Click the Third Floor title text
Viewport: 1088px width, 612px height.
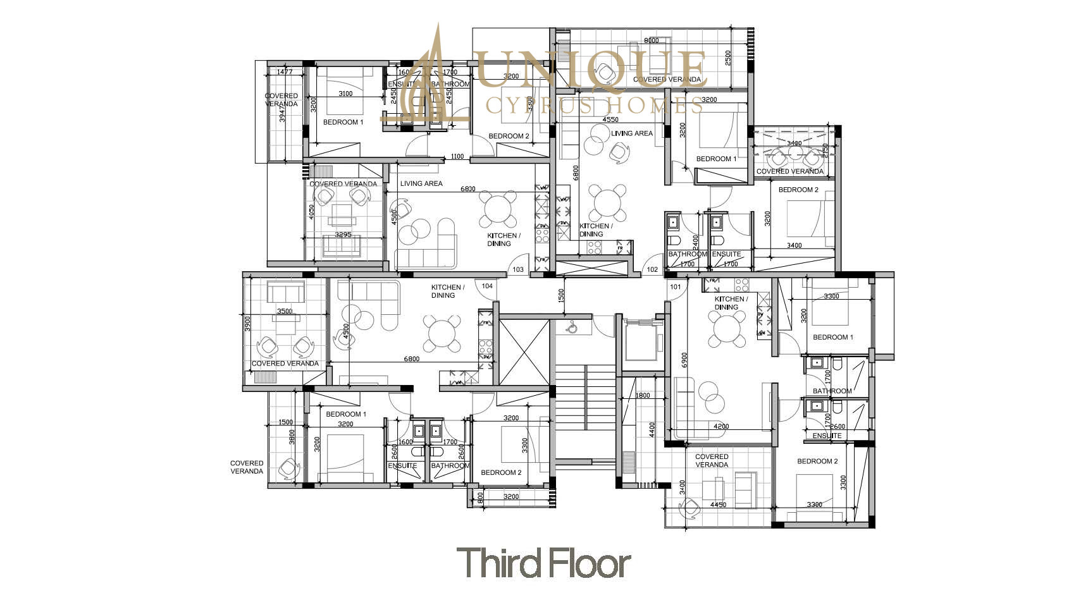click(x=543, y=563)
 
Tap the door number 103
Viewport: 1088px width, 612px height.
click(x=518, y=270)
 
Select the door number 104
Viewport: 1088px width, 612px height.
click(x=487, y=286)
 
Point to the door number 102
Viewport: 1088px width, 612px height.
click(x=652, y=270)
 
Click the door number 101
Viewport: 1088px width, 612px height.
click(x=676, y=287)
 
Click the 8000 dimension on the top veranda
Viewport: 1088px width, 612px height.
click(x=651, y=41)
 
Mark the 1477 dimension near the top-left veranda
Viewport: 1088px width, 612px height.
click(x=285, y=72)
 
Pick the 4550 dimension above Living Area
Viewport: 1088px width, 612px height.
click(x=610, y=119)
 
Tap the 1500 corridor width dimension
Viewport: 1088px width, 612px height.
click(x=562, y=296)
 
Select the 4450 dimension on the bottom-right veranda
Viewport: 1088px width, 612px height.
click(x=718, y=505)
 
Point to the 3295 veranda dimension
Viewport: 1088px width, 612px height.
click(x=343, y=235)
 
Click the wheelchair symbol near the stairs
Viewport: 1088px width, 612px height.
click(x=571, y=327)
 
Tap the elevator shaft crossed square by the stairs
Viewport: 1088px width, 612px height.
click(x=524, y=352)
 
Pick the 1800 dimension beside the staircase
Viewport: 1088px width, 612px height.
click(x=642, y=396)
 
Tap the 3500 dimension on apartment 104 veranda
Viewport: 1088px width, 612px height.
click(x=285, y=312)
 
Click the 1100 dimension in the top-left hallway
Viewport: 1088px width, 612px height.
click(x=457, y=157)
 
